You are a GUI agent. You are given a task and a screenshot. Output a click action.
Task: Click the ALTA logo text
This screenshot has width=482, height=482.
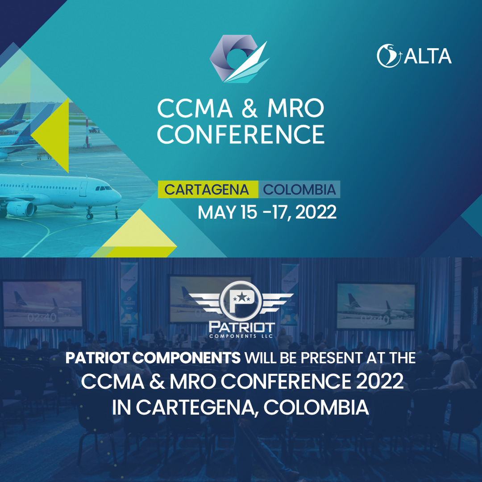tap(428, 56)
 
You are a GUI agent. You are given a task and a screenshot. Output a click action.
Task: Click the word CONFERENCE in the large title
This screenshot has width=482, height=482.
tap(241, 134)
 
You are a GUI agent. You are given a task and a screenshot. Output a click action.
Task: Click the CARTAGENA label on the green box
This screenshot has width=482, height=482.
tap(207, 190)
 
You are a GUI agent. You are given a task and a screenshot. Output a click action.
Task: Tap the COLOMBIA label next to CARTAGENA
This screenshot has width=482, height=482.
tap(299, 190)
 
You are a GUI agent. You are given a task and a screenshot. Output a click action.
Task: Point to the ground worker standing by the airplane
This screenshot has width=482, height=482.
tap(116, 212)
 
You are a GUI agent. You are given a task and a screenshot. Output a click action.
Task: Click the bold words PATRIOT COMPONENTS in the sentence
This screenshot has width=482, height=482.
tap(153, 358)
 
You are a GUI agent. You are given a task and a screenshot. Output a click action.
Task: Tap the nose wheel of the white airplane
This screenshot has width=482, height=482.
tap(89, 216)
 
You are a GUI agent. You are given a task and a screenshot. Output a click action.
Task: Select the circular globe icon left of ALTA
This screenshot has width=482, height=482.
tap(389, 56)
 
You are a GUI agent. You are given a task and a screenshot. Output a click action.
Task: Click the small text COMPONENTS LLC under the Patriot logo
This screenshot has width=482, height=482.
tap(241, 337)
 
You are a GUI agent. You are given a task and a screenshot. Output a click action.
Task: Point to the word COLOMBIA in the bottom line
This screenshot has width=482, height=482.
tap(316, 407)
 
